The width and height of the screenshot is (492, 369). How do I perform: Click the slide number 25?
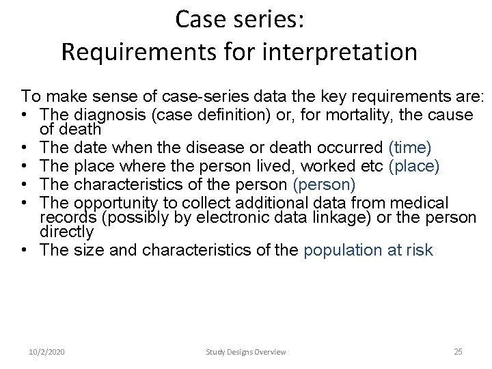(x=458, y=351)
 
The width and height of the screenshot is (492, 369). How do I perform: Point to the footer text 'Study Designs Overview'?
(x=246, y=352)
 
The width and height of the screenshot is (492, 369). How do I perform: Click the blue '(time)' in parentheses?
(x=409, y=147)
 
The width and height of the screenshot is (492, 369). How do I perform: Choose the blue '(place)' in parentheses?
(x=413, y=166)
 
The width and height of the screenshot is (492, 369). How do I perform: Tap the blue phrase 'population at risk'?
(x=368, y=250)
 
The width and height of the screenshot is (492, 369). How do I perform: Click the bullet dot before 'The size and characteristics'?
(x=25, y=250)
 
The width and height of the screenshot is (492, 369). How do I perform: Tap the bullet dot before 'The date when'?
(x=25, y=147)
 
